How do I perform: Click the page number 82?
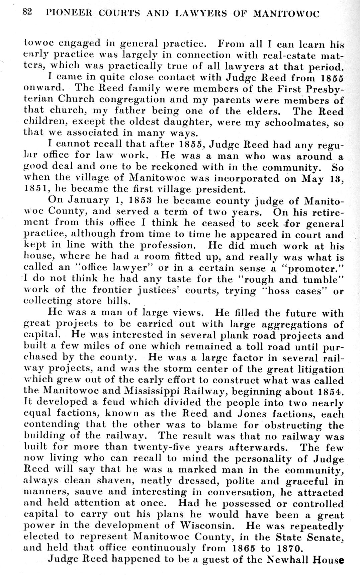pos(27,12)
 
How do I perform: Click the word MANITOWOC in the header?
pos(287,14)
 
